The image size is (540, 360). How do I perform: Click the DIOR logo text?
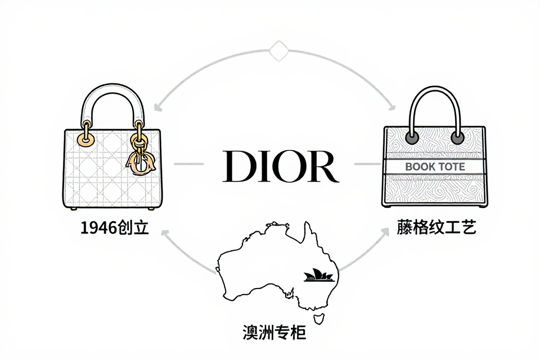click(x=281, y=166)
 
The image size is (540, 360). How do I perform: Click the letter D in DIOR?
click(x=237, y=166)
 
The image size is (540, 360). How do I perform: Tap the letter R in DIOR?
click(x=322, y=166)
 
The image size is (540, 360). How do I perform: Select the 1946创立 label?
click(x=114, y=228)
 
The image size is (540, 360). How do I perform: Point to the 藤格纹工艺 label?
click(x=436, y=227)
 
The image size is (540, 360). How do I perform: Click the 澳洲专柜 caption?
click(x=274, y=332)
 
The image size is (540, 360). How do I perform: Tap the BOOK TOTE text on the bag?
click(x=435, y=166)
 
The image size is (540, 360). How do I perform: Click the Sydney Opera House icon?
click(x=319, y=275)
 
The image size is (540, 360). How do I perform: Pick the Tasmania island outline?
click(x=318, y=318)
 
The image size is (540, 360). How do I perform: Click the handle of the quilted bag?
click(x=113, y=101)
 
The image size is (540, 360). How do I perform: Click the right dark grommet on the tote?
click(x=457, y=138)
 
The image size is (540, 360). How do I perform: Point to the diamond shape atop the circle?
click(x=278, y=51)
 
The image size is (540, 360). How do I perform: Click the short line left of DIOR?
click(x=189, y=164)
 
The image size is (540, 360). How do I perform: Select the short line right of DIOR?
click(x=368, y=164)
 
